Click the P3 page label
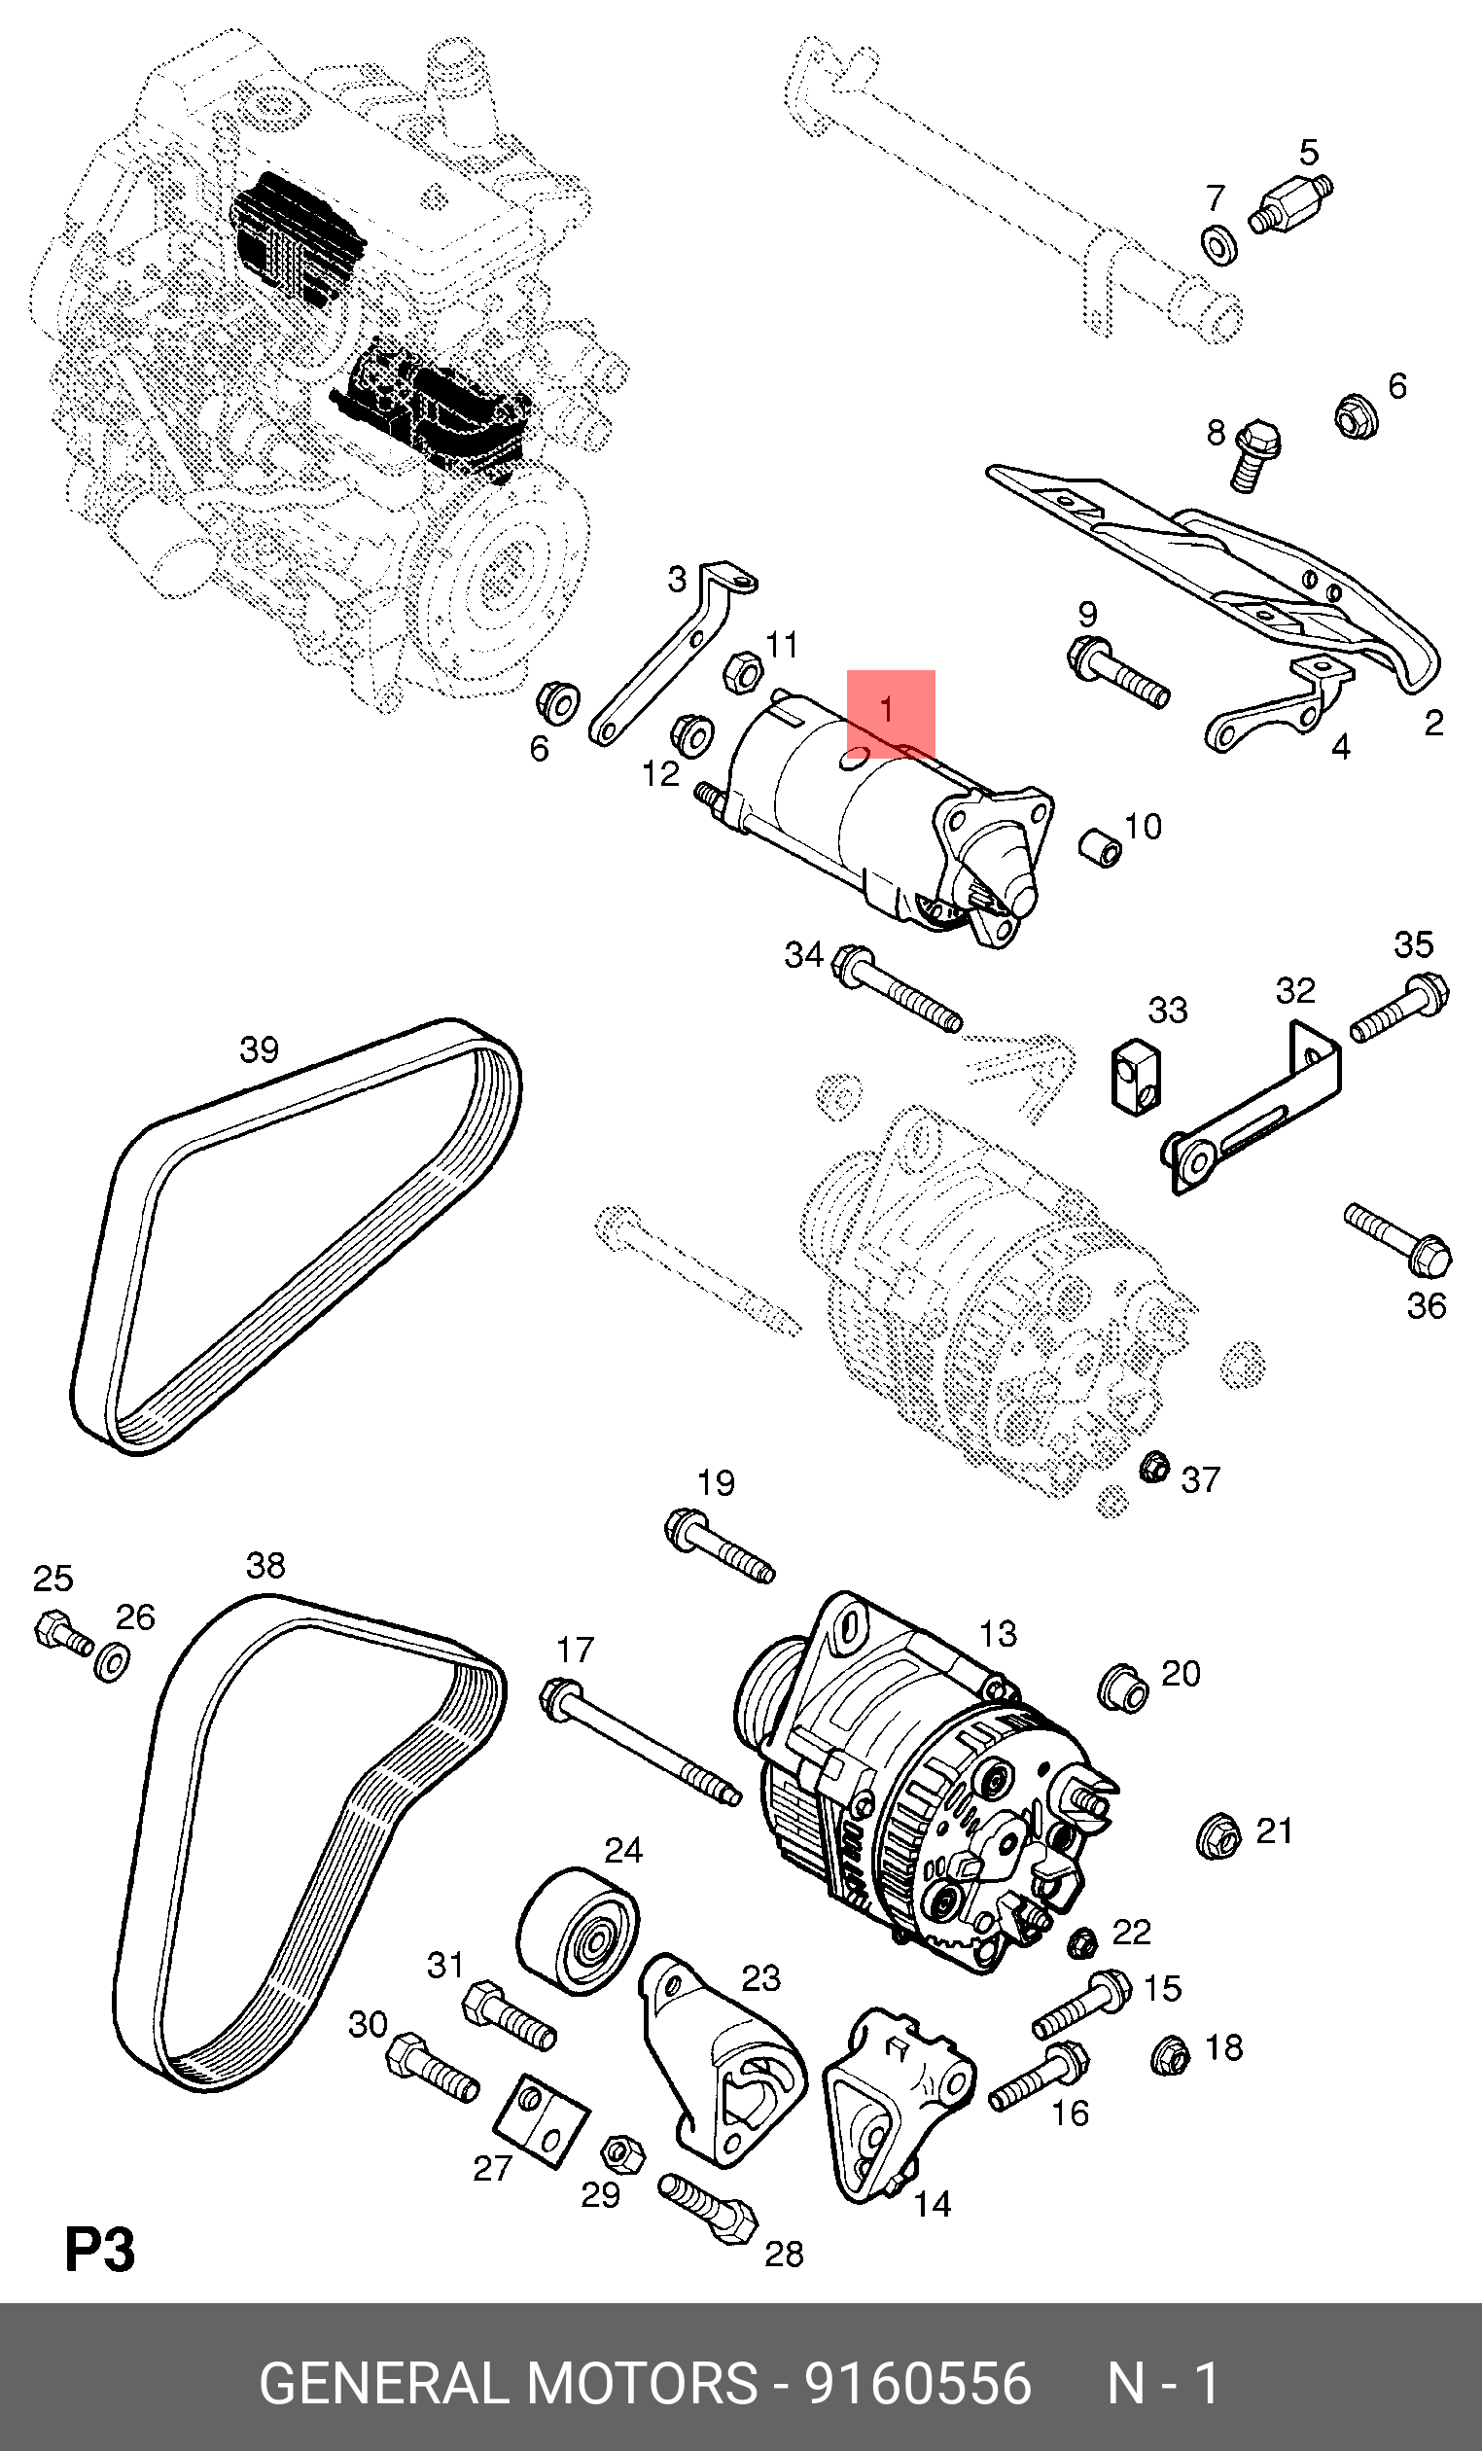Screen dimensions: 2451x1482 coord(99,2250)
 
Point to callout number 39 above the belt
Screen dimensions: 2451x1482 coord(260,1049)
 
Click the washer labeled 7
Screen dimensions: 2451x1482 coord(1219,245)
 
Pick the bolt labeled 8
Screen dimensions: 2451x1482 coord(1255,456)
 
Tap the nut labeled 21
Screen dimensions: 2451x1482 coord(1218,1835)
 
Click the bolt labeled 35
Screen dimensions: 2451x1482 coord(1400,1009)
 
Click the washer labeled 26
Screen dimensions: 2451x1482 coord(112,1660)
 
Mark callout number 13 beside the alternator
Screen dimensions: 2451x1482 coord(998,1633)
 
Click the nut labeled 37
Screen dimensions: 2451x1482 coord(1153,1467)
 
